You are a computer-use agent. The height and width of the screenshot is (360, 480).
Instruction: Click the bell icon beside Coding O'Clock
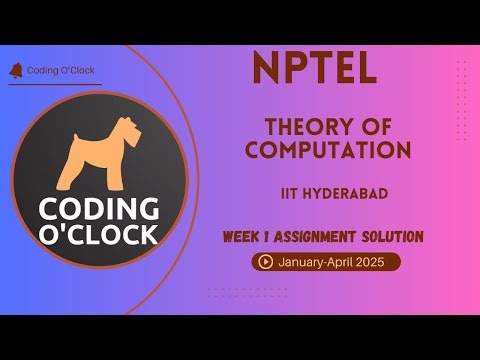click(14, 70)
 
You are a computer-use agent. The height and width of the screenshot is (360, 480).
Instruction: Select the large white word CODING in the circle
click(98, 210)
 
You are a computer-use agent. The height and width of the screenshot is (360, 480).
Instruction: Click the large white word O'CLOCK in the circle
click(98, 235)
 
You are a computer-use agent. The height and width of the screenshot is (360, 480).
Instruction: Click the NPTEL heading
click(315, 68)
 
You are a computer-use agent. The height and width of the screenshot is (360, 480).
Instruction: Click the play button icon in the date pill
click(266, 262)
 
